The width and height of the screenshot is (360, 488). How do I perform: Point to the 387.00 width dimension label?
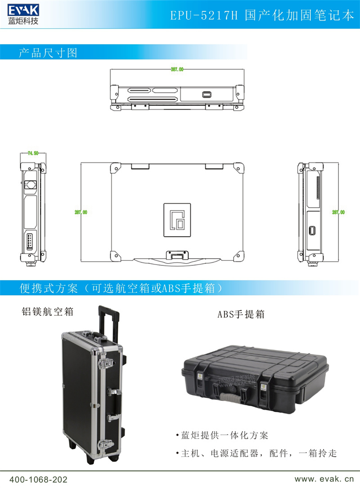tap(177, 70)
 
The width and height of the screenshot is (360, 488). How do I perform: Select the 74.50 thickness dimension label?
tap(33, 153)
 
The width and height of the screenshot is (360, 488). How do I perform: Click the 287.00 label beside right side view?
tap(338, 212)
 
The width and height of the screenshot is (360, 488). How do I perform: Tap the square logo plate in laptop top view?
tap(176, 220)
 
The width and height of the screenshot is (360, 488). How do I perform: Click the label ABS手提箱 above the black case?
tap(241, 314)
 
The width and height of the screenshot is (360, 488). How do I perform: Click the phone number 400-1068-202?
tap(38, 480)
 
